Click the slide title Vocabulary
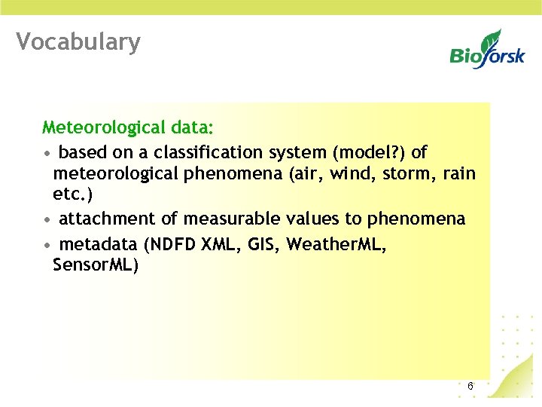(78, 42)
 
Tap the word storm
(407, 174)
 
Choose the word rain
(460, 174)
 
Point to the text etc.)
(73, 194)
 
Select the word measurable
(233, 219)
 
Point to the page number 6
(470, 387)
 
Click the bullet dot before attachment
(47, 220)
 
